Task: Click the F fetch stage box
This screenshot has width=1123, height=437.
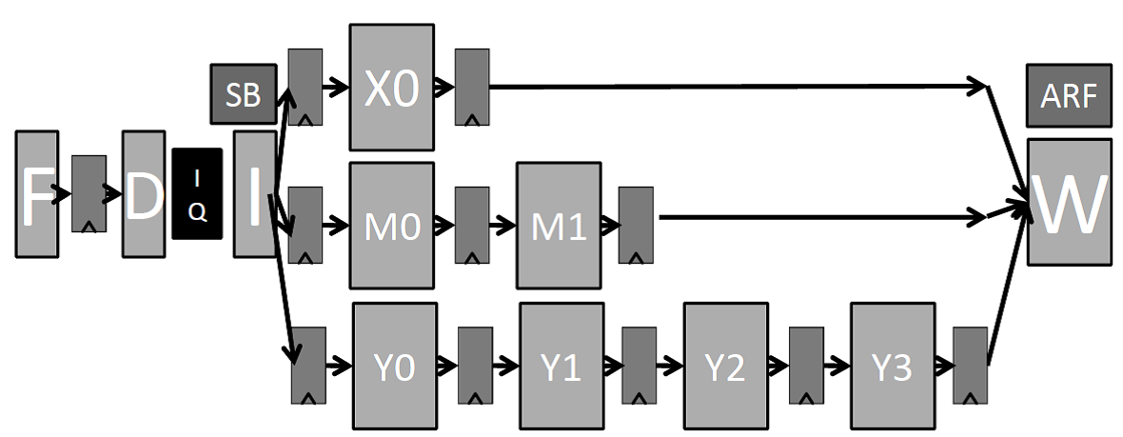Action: (37, 195)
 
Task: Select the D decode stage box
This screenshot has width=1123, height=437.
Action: (144, 195)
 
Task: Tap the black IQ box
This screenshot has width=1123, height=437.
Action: (197, 194)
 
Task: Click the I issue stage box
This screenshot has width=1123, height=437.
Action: (254, 194)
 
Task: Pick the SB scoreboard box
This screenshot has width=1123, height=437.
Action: (244, 93)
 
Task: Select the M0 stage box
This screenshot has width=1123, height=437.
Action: (391, 226)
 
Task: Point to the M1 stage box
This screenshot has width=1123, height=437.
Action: (559, 226)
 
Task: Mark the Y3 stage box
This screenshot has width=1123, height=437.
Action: (892, 366)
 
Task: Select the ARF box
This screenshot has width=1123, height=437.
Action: (1069, 95)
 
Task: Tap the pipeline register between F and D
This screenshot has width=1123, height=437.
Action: (89, 194)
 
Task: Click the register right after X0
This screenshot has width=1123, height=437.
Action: (472, 87)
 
